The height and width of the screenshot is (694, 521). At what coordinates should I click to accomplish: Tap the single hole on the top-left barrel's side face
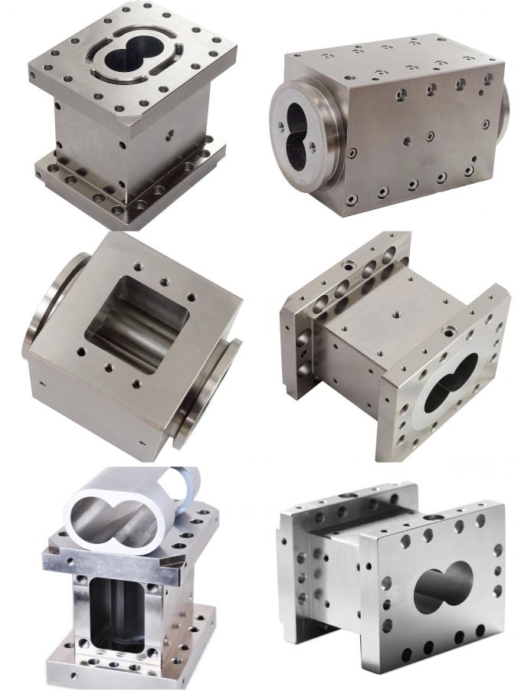(x=169, y=132)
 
